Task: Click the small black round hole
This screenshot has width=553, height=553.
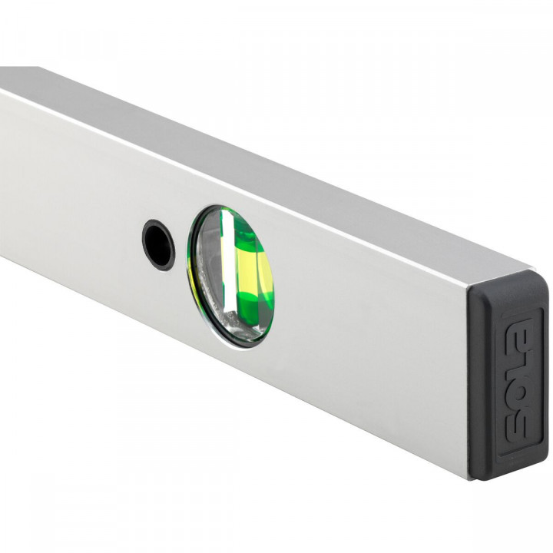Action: [x=158, y=244]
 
